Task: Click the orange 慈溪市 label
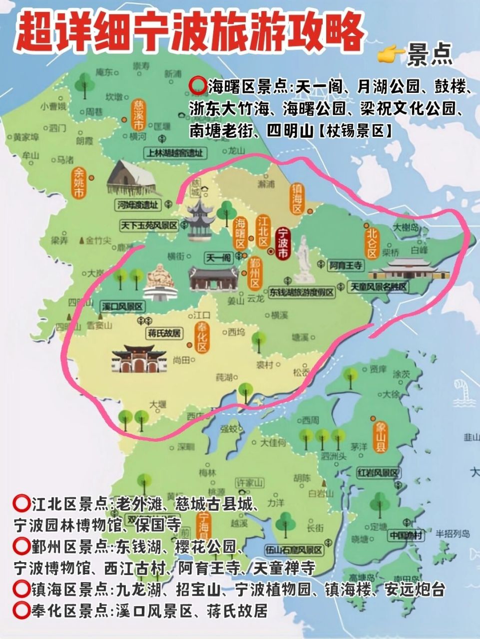pos(138,114)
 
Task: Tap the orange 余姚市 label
pos(79,183)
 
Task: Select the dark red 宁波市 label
pos(283,242)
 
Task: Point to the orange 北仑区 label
pos(371,243)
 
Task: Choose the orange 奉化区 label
pos(202,338)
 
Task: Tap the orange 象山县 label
pos(380,436)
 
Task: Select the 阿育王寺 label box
pos(345,266)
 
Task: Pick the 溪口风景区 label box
pos(122,306)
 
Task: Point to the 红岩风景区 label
pos(378,473)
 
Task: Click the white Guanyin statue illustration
pos(304,260)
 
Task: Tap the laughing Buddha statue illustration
pos(159,282)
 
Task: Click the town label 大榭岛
pos(407,228)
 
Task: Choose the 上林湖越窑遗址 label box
pos(174,153)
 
